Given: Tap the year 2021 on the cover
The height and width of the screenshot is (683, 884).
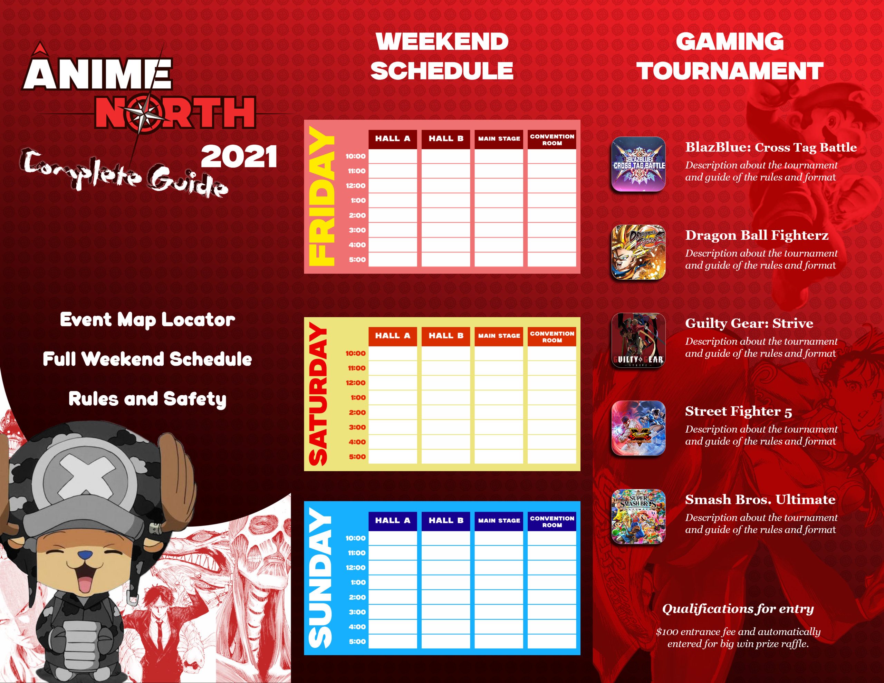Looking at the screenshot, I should (239, 157).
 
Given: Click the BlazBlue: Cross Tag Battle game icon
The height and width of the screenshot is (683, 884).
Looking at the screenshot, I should (638, 164).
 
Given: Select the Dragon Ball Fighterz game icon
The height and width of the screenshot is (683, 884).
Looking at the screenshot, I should (638, 252).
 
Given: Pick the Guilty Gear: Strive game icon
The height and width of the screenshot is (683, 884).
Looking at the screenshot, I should (638, 340).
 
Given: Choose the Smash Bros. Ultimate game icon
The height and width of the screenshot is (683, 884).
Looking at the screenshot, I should (638, 517).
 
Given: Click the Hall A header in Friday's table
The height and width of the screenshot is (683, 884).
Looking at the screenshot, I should (393, 139).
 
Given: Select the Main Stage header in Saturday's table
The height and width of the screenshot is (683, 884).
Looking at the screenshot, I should (499, 336).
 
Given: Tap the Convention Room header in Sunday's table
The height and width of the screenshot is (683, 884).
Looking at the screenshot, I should (552, 521).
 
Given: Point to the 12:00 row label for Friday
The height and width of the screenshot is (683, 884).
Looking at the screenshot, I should (355, 186).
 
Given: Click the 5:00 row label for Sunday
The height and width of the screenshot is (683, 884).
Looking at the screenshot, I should (357, 642).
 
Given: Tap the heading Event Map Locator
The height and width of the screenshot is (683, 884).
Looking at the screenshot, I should (147, 320).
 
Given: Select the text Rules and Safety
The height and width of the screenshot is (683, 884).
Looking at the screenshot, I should (147, 399).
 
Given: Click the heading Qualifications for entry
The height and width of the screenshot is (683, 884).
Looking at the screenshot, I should (738, 609).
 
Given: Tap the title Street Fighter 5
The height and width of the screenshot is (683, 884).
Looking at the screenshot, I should (738, 411).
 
